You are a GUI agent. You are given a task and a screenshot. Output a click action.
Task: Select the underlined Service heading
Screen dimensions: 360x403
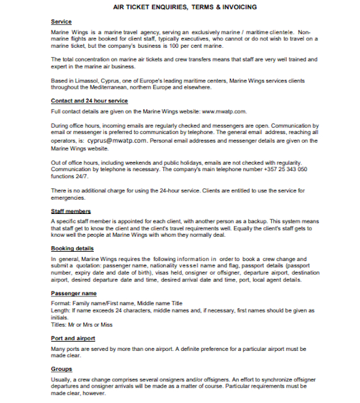(x=61, y=22)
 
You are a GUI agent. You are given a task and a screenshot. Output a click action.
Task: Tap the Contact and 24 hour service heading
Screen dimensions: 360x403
(x=89, y=100)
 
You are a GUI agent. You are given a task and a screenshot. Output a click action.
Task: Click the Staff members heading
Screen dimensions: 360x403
(x=71, y=211)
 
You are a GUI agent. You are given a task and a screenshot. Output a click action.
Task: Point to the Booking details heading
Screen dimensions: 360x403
(x=72, y=248)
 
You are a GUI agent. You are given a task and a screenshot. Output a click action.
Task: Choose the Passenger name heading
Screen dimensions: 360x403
(x=73, y=293)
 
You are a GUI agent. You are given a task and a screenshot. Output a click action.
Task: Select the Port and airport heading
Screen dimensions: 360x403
(x=73, y=338)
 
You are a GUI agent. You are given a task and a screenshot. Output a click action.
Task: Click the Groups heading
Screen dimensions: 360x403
(x=61, y=369)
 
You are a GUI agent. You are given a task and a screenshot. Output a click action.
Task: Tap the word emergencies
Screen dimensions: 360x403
(x=68, y=198)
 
